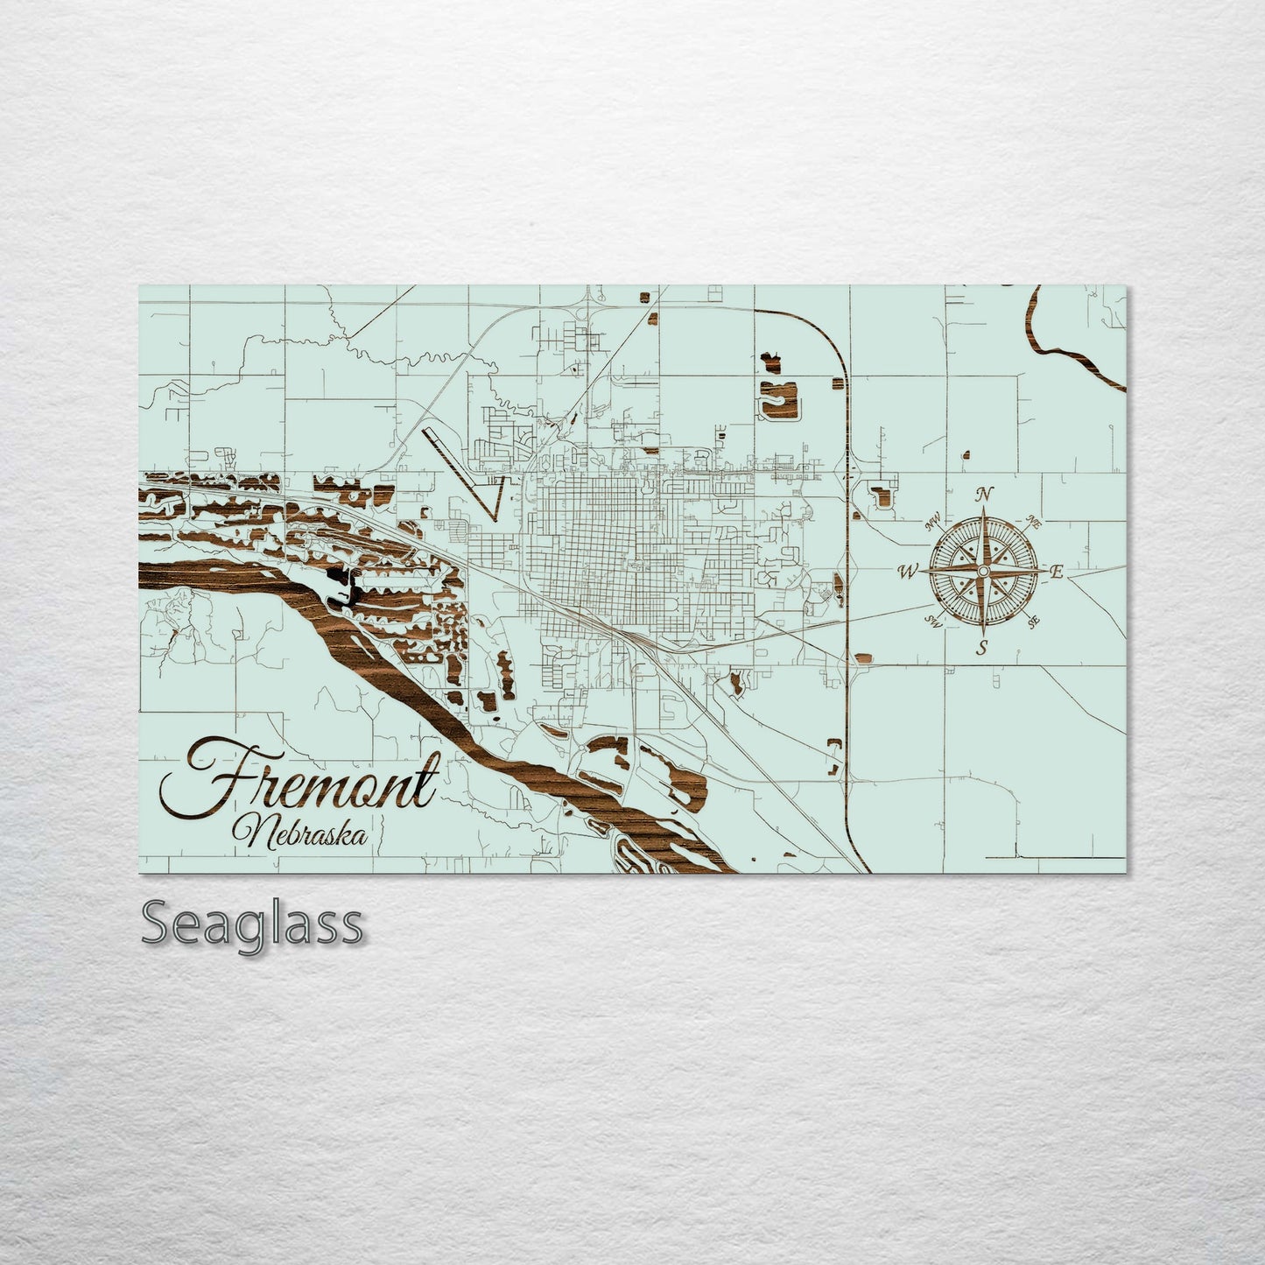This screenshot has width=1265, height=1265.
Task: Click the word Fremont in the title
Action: [298, 777]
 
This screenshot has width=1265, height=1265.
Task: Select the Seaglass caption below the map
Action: [251, 923]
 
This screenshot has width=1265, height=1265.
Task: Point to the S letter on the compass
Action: [982, 648]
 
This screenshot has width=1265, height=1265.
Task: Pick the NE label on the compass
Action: [1033, 524]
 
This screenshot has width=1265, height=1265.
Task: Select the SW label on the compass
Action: [933, 622]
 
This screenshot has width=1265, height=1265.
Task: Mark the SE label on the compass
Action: [1034, 622]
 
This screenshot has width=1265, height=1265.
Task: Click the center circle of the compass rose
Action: [982, 571]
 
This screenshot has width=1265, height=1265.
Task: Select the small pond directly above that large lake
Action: [771, 358]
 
